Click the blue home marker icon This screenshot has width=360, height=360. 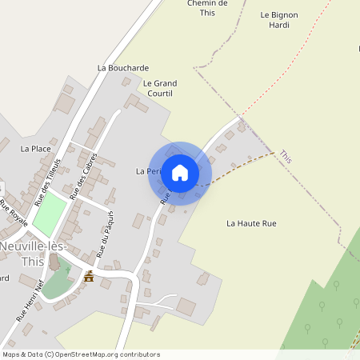pyautogui.click(x=180, y=172)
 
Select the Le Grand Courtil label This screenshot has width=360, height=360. pyautogui.click(x=159, y=88)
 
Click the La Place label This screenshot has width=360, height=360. pyautogui.click(x=36, y=149)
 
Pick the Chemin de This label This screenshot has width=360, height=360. pyautogui.click(x=208, y=8)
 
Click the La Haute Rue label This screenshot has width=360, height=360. pyautogui.click(x=251, y=223)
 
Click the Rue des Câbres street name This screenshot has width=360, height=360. pyautogui.click(x=83, y=176)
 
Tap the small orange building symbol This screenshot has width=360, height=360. pyautogui.click(x=88, y=277)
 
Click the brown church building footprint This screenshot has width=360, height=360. pyautogui.click(x=54, y=262)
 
